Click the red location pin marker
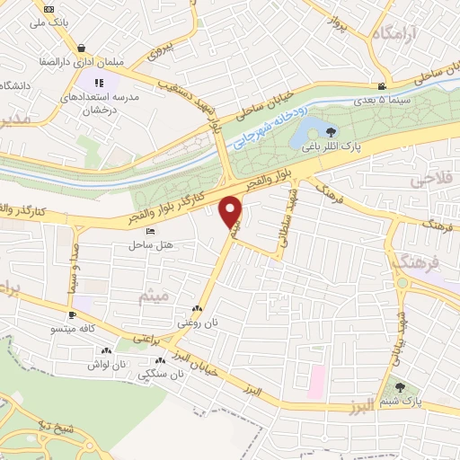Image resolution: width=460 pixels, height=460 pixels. click(x=232, y=211)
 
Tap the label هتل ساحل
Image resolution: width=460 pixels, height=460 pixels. click(x=150, y=243)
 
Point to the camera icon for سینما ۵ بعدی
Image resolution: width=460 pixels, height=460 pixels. click(x=384, y=85)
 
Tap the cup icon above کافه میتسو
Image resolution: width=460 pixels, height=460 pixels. click(x=72, y=315)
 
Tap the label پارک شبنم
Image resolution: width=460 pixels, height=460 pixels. click(x=401, y=401)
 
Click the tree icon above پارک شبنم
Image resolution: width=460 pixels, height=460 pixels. click(x=401, y=386)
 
